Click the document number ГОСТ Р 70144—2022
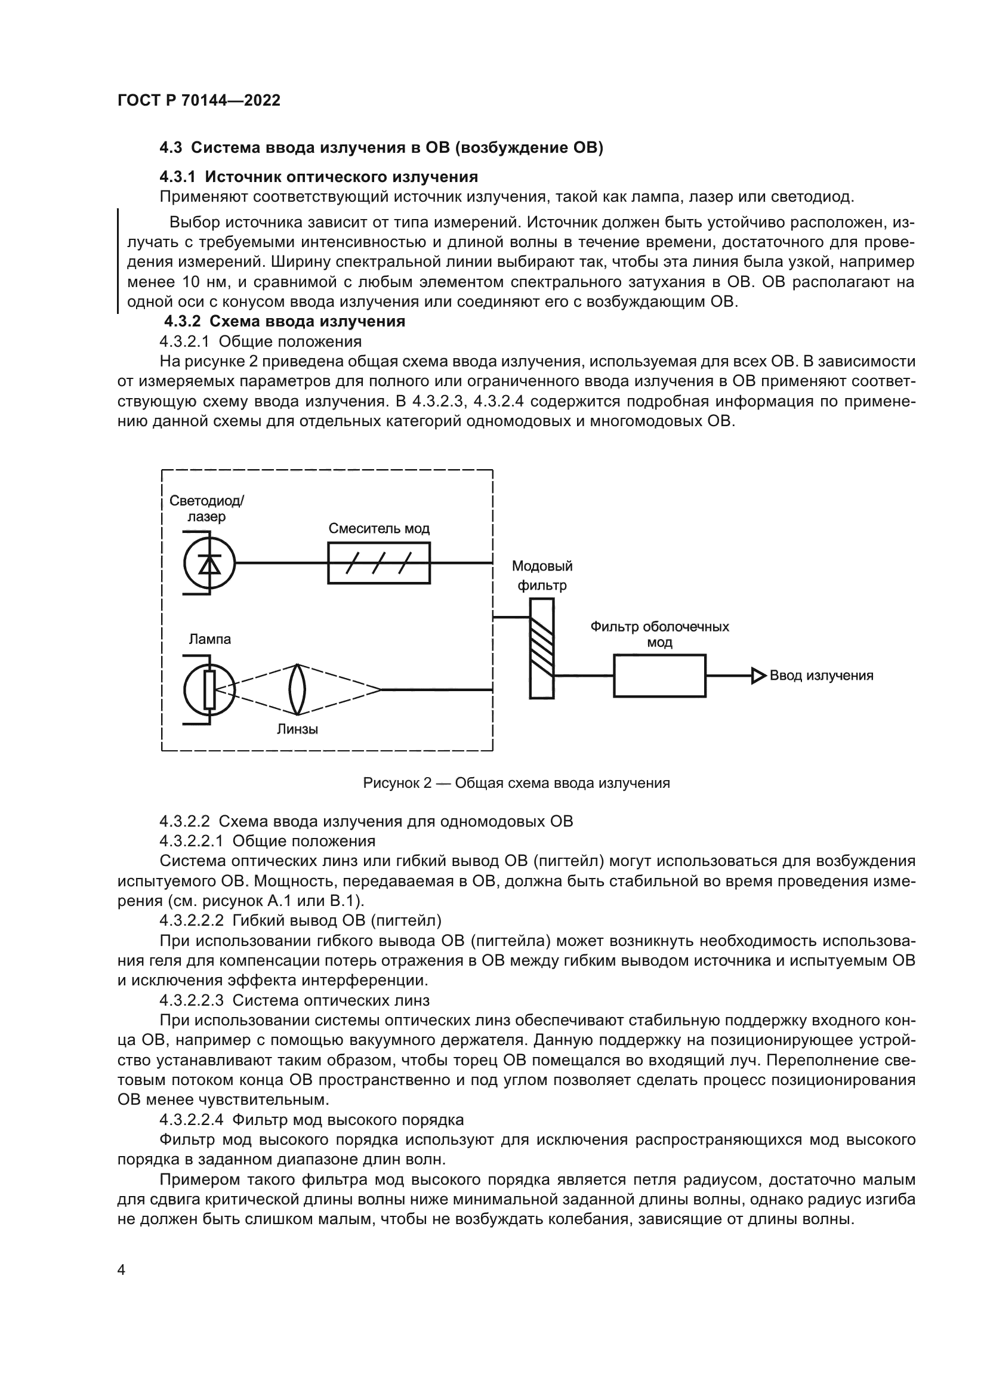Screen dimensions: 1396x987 [199, 101]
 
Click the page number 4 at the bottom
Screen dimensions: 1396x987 [122, 1269]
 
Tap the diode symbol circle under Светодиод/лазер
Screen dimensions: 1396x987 [209, 563]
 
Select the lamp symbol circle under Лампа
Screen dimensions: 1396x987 [209, 690]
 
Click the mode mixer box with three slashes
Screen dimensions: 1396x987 [379, 563]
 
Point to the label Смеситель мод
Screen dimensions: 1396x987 [379, 529]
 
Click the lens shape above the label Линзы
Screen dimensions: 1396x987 [297, 690]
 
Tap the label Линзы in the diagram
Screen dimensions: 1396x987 [297, 729]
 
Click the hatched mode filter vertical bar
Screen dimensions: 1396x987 [541, 648]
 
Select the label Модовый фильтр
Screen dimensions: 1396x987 [541, 576]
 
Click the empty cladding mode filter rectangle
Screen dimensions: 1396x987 [659, 676]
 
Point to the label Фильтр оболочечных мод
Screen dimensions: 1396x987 [659, 634]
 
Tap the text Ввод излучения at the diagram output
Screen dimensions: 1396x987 [821, 676]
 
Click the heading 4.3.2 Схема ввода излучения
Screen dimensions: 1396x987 [285, 321]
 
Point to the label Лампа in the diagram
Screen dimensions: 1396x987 [209, 640]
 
